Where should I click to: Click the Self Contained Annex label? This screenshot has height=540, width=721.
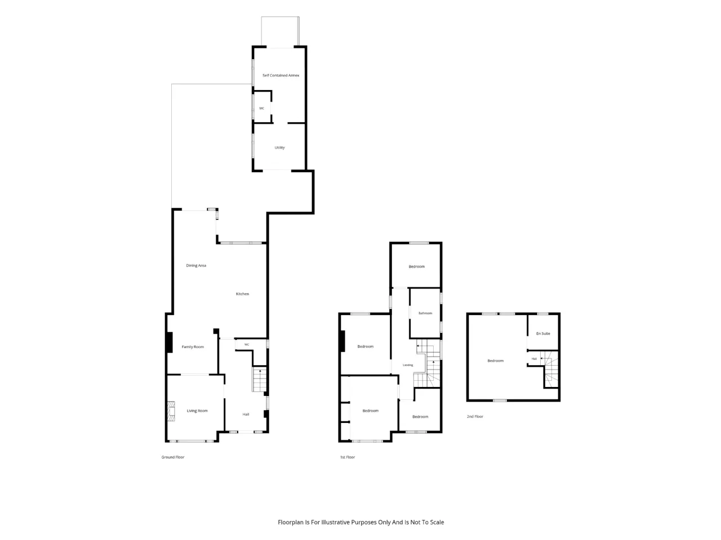(281, 75)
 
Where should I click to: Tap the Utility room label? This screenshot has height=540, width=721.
(279, 147)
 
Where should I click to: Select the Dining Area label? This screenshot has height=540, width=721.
(196, 265)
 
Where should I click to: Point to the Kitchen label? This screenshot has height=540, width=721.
(242, 294)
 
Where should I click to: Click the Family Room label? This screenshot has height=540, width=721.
(193, 347)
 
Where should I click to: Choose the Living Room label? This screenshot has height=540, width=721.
(197, 411)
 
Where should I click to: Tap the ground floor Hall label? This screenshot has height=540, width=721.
(246, 415)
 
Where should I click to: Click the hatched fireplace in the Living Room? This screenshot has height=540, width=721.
(171, 411)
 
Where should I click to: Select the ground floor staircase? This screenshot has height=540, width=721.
(259, 380)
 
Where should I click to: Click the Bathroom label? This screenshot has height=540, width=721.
(425, 313)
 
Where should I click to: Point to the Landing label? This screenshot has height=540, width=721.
(408, 365)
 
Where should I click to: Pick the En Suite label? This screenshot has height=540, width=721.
(543, 334)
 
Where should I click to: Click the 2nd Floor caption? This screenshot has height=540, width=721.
(475, 416)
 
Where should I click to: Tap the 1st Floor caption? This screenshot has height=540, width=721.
(348, 457)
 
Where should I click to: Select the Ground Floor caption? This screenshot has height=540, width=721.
(173, 457)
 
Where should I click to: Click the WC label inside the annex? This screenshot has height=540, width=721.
(261, 109)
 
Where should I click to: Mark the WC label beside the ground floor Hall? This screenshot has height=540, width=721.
(247, 345)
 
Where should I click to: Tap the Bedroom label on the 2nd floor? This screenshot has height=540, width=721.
(495, 361)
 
